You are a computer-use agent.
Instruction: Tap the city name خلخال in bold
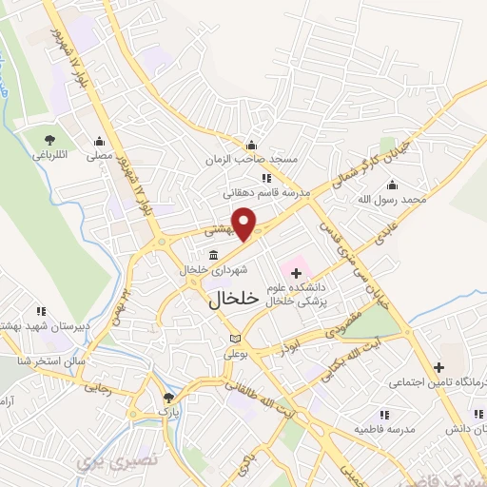pyautogui.click(x=232, y=298)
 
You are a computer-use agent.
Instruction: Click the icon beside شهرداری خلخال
pyautogui.click(x=212, y=256)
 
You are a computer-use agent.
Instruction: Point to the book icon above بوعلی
pyautogui.click(x=236, y=340)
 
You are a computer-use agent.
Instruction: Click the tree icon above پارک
pyautogui.click(x=169, y=398)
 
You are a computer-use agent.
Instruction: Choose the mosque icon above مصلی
pyautogui.click(x=99, y=141)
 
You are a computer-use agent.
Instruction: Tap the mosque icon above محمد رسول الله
pyautogui.click(x=392, y=185)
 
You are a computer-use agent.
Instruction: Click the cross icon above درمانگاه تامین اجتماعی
pyautogui.click(x=438, y=367)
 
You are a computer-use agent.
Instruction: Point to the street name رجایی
pyautogui.click(x=100, y=388)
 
